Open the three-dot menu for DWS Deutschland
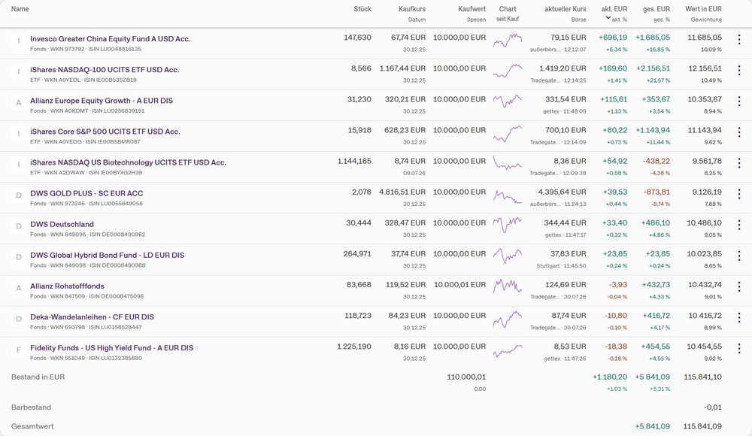(x=739, y=225)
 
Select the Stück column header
(x=362, y=9)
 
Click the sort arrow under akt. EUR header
(x=608, y=18)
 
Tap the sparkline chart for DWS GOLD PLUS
(x=508, y=197)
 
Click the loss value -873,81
(x=656, y=192)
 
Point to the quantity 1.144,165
(x=354, y=161)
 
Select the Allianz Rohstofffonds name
(x=67, y=286)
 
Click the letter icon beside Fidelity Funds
(x=19, y=350)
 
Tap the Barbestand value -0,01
(x=713, y=407)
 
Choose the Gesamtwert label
(x=32, y=426)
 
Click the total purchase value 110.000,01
(x=466, y=377)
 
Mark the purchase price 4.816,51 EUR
(x=402, y=192)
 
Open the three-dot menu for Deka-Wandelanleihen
(x=739, y=317)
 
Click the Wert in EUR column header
(x=703, y=9)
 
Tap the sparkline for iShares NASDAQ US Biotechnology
(x=508, y=163)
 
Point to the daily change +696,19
(x=613, y=38)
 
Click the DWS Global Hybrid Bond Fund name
(x=108, y=255)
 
